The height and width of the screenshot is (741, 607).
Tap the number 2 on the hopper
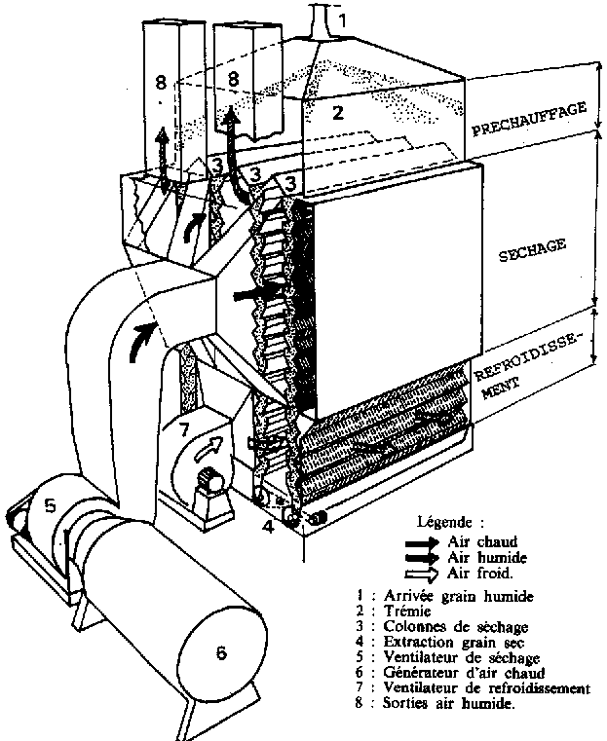tap(337, 112)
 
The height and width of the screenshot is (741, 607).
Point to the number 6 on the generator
tap(221, 653)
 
